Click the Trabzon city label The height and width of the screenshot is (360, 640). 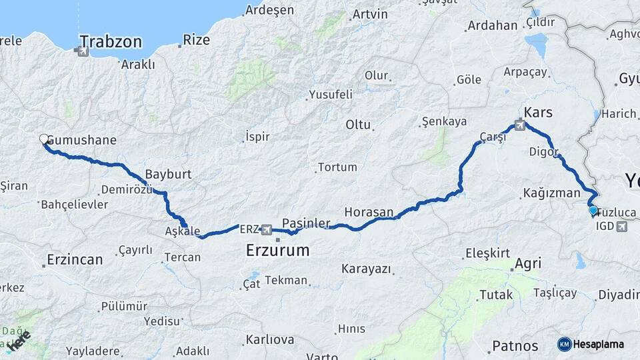(x=111, y=41)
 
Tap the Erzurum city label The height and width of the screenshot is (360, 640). (x=277, y=251)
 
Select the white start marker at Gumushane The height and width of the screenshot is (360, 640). (x=44, y=139)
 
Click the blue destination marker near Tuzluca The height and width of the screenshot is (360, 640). (x=593, y=211)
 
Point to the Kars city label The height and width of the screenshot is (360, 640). (x=539, y=111)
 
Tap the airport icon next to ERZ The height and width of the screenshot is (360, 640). (x=267, y=229)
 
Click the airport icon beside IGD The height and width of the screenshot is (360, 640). (x=622, y=227)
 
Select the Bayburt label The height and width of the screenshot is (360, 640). (x=168, y=174)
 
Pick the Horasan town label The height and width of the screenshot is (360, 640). (x=369, y=212)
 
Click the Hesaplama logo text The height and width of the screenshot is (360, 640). (x=599, y=344)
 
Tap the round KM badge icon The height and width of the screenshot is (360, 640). (x=565, y=344)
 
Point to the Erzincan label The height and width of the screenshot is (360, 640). (x=75, y=259)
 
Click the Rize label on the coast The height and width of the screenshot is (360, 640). (x=196, y=40)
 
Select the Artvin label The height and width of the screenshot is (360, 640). (x=370, y=14)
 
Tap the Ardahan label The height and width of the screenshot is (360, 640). (x=493, y=25)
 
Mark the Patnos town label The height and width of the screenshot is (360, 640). (x=515, y=346)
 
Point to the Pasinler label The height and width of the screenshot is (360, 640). (x=306, y=222)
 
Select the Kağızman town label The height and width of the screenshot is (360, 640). (x=551, y=193)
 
